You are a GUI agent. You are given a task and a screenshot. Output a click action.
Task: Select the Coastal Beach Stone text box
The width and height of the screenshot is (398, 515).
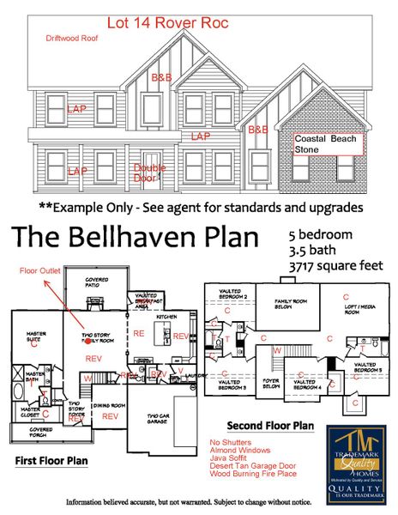pyautogui.click(x=329, y=143)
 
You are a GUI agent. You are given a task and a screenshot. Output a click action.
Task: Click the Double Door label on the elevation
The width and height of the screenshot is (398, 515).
pyautogui.click(x=148, y=173)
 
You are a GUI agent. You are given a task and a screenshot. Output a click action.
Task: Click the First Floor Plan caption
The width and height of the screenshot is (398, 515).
pyautogui.click(x=52, y=460)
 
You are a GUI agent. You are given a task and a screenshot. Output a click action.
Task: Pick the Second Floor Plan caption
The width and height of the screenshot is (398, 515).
pyautogui.click(x=270, y=426)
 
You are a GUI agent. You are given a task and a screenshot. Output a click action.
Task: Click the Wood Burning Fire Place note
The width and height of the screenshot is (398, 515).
pyautogui.click(x=253, y=473)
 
